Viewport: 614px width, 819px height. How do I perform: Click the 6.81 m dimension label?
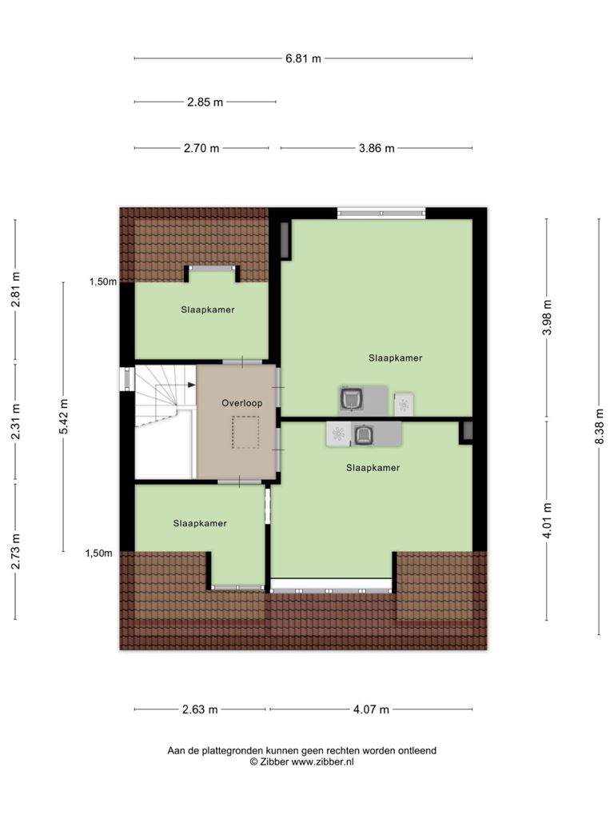[303, 58]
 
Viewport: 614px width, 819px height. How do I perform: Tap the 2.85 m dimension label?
[205, 102]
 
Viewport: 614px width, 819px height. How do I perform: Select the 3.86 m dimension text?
[377, 148]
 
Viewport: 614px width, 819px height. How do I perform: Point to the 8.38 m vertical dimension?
[600, 426]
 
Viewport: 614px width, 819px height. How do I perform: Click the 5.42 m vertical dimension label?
[64, 416]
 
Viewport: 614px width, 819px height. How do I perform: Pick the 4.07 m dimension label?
[371, 709]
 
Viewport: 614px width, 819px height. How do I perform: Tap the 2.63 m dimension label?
[200, 709]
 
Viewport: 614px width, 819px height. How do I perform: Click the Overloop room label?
[241, 403]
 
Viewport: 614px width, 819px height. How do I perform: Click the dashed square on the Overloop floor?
[245, 432]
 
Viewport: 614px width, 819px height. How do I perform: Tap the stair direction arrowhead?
[192, 385]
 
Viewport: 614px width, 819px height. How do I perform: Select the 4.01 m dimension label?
[547, 520]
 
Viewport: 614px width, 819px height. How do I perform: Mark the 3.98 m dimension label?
[547, 318]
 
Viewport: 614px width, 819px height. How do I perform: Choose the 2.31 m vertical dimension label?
[15, 421]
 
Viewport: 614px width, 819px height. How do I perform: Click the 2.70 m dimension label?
[201, 148]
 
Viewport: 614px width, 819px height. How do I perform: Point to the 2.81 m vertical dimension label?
[15, 290]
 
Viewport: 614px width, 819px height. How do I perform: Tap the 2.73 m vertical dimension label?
[15, 551]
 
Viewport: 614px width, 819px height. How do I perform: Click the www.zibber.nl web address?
[322, 761]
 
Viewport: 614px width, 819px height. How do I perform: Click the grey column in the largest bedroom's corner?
[285, 240]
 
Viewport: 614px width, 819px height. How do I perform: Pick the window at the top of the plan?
[381, 213]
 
